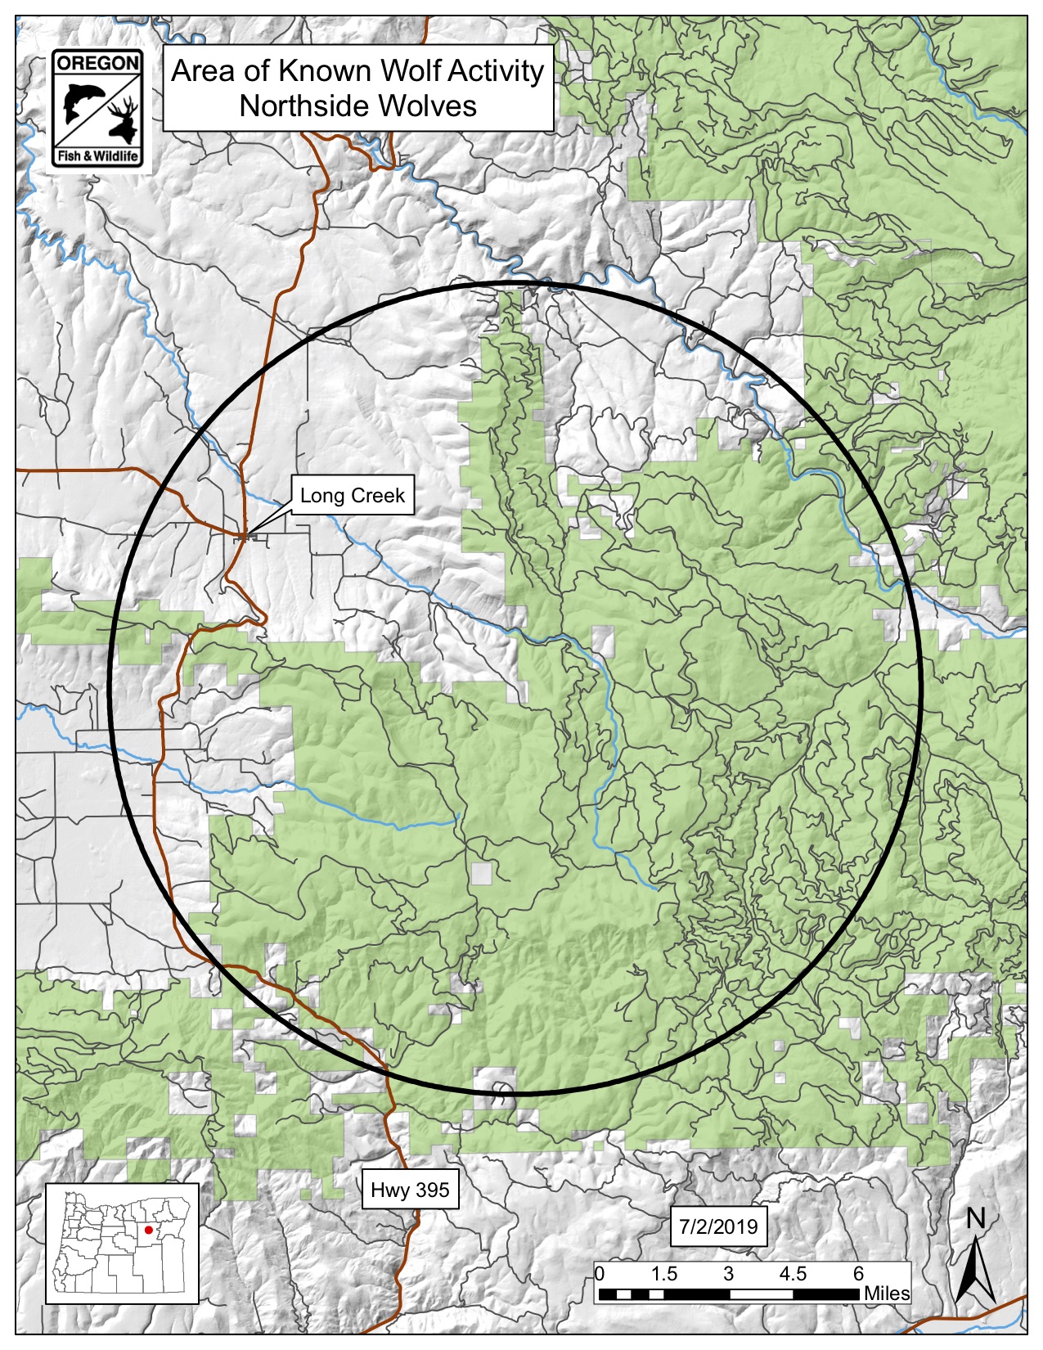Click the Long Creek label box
[x=352, y=496]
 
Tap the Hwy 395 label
[x=410, y=1190]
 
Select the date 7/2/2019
[x=718, y=1226]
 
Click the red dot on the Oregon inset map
[x=148, y=1230]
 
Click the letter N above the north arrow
[x=975, y=1219]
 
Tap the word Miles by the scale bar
[x=887, y=1294]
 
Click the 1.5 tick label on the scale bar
[x=664, y=1274]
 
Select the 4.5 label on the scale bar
[x=793, y=1274]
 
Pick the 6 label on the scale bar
[x=858, y=1274]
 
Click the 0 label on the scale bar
[x=600, y=1274]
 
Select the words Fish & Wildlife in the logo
[x=97, y=156]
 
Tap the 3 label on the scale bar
[x=728, y=1274]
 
